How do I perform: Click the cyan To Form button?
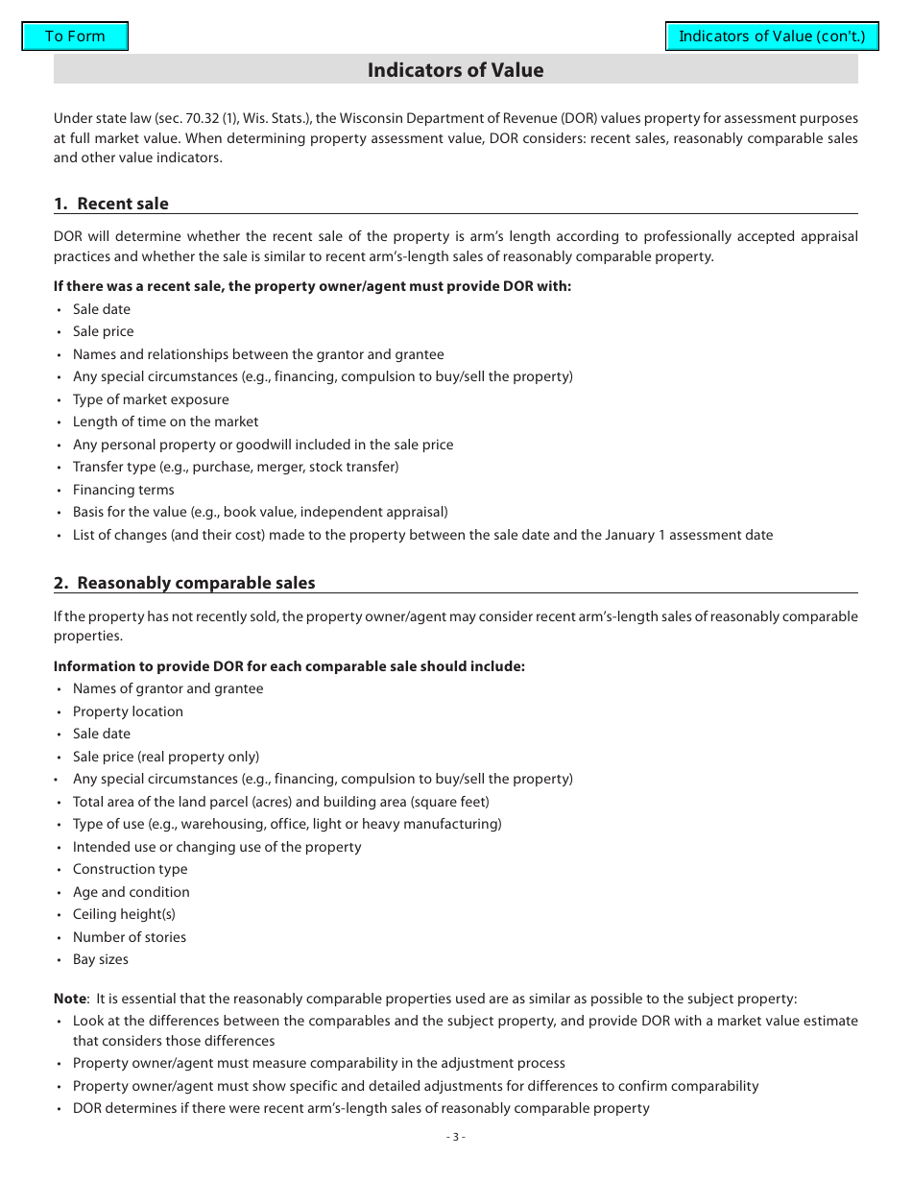pyautogui.click(x=75, y=36)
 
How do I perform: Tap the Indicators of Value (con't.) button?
pyautogui.click(x=772, y=36)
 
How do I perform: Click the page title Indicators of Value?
pyautogui.click(x=455, y=70)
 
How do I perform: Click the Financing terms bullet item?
pyautogui.click(x=124, y=490)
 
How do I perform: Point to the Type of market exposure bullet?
pyautogui.click(x=151, y=399)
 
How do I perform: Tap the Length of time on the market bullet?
pyautogui.click(x=165, y=422)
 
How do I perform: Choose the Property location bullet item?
pyautogui.click(x=128, y=711)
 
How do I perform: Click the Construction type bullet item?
pyautogui.click(x=131, y=869)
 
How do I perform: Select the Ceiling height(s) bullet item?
pyautogui.click(x=124, y=914)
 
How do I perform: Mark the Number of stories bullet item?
pyautogui.click(x=130, y=937)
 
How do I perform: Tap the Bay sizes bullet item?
pyautogui.click(x=101, y=959)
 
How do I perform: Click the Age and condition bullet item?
pyautogui.click(x=132, y=892)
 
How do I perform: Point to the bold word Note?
pyautogui.click(x=69, y=999)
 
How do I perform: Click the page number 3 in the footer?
pyautogui.click(x=456, y=1137)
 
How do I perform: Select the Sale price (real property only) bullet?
pyautogui.click(x=166, y=757)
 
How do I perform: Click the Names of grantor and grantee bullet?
pyautogui.click(x=168, y=688)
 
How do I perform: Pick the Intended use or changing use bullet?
pyautogui.click(x=217, y=847)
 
